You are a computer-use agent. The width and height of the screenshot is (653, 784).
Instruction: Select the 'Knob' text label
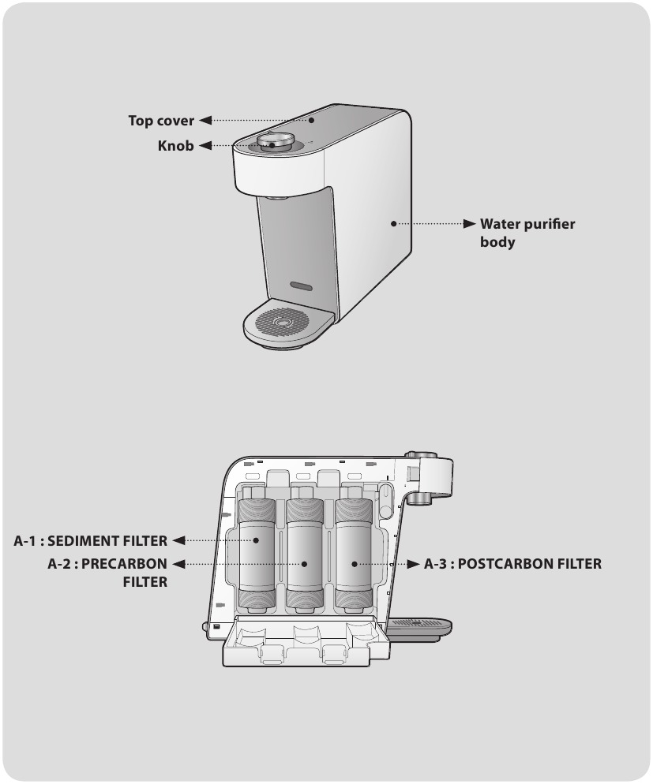point(175,146)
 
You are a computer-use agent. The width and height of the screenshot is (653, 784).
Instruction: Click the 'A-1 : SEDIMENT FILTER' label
point(91,541)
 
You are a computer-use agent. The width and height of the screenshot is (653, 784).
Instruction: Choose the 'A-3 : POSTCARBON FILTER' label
point(512,564)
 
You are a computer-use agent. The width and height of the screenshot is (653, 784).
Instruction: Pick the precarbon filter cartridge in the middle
point(305,556)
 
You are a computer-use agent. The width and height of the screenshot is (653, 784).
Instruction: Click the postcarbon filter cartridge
point(354,556)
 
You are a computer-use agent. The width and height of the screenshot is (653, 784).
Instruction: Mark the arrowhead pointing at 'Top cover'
point(205,121)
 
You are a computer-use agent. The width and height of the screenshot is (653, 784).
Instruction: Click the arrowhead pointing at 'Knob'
point(204,146)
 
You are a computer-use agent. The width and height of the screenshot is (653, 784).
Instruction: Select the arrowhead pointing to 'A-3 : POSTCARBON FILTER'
point(411,564)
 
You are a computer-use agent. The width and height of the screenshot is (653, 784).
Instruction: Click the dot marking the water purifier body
point(392,224)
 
